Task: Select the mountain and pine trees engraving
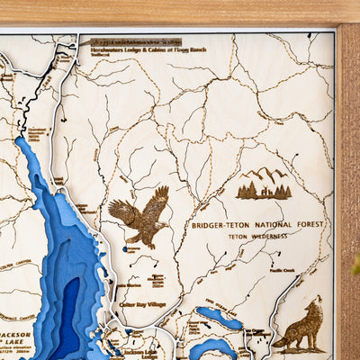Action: (x=263, y=184)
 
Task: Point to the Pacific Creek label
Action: (x=282, y=270)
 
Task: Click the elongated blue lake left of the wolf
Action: (x=219, y=318)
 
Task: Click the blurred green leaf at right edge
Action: (x=355, y=265)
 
